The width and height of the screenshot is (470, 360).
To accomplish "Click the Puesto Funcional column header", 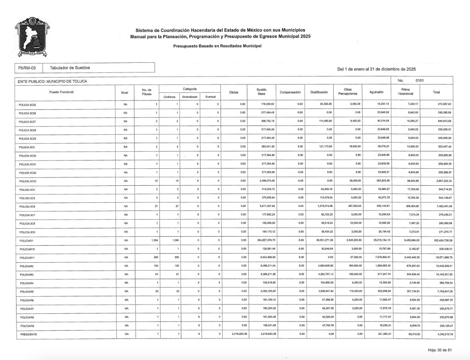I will tap(61, 92).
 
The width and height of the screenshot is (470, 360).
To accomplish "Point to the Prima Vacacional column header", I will tap(405, 92).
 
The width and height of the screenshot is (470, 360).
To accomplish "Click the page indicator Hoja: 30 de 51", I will tap(440, 350).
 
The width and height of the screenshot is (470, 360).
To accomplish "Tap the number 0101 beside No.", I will tap(420, 81).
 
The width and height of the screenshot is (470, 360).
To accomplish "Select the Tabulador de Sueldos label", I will tap(70, 68).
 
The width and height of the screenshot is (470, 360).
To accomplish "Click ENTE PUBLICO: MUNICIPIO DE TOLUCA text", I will tap(52, 81).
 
